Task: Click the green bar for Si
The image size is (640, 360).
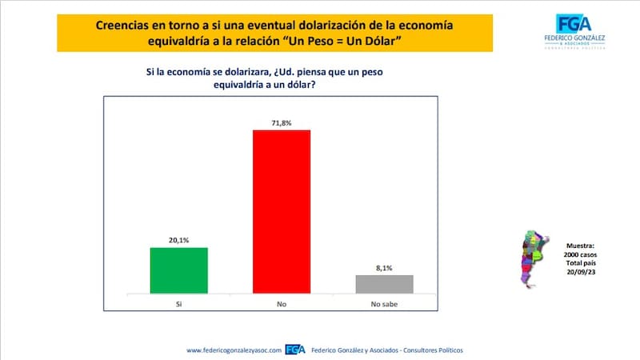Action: coord(178,271)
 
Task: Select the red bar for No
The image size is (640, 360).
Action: coord(281,212)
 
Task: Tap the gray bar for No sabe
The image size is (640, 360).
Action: coord(384,285)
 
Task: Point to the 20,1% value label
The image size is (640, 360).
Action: coord(178,240)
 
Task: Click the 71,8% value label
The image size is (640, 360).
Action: coord(281,122)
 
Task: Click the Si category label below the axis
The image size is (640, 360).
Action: coord(178,305)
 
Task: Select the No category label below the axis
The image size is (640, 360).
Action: coord(281,305)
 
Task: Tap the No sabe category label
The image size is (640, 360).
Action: coord(384,305)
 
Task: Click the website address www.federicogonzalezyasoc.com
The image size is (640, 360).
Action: coord(232,350)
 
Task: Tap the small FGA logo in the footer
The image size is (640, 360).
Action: coord(296,350)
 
